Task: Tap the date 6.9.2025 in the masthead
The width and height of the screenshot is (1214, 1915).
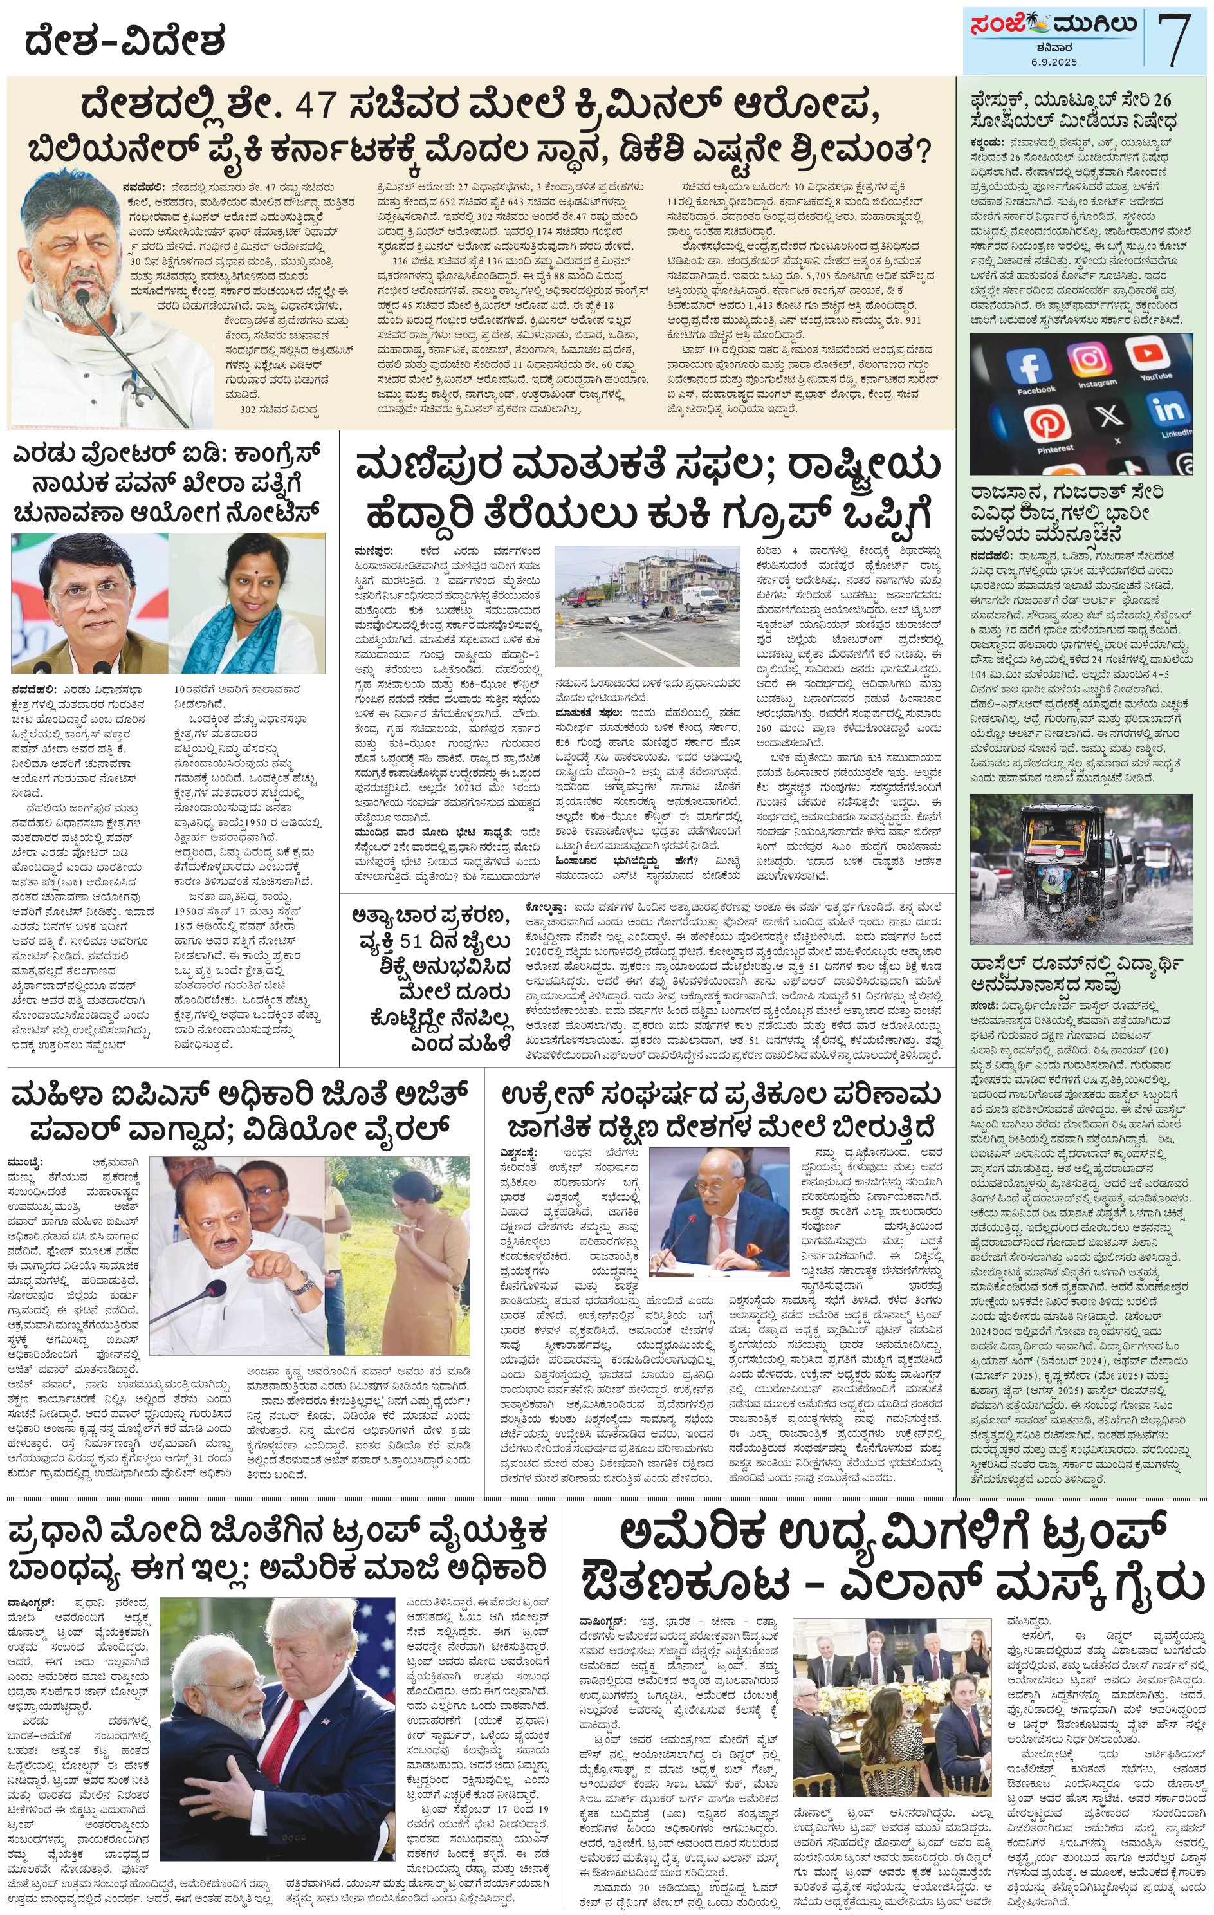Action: tap(1054, 62)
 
